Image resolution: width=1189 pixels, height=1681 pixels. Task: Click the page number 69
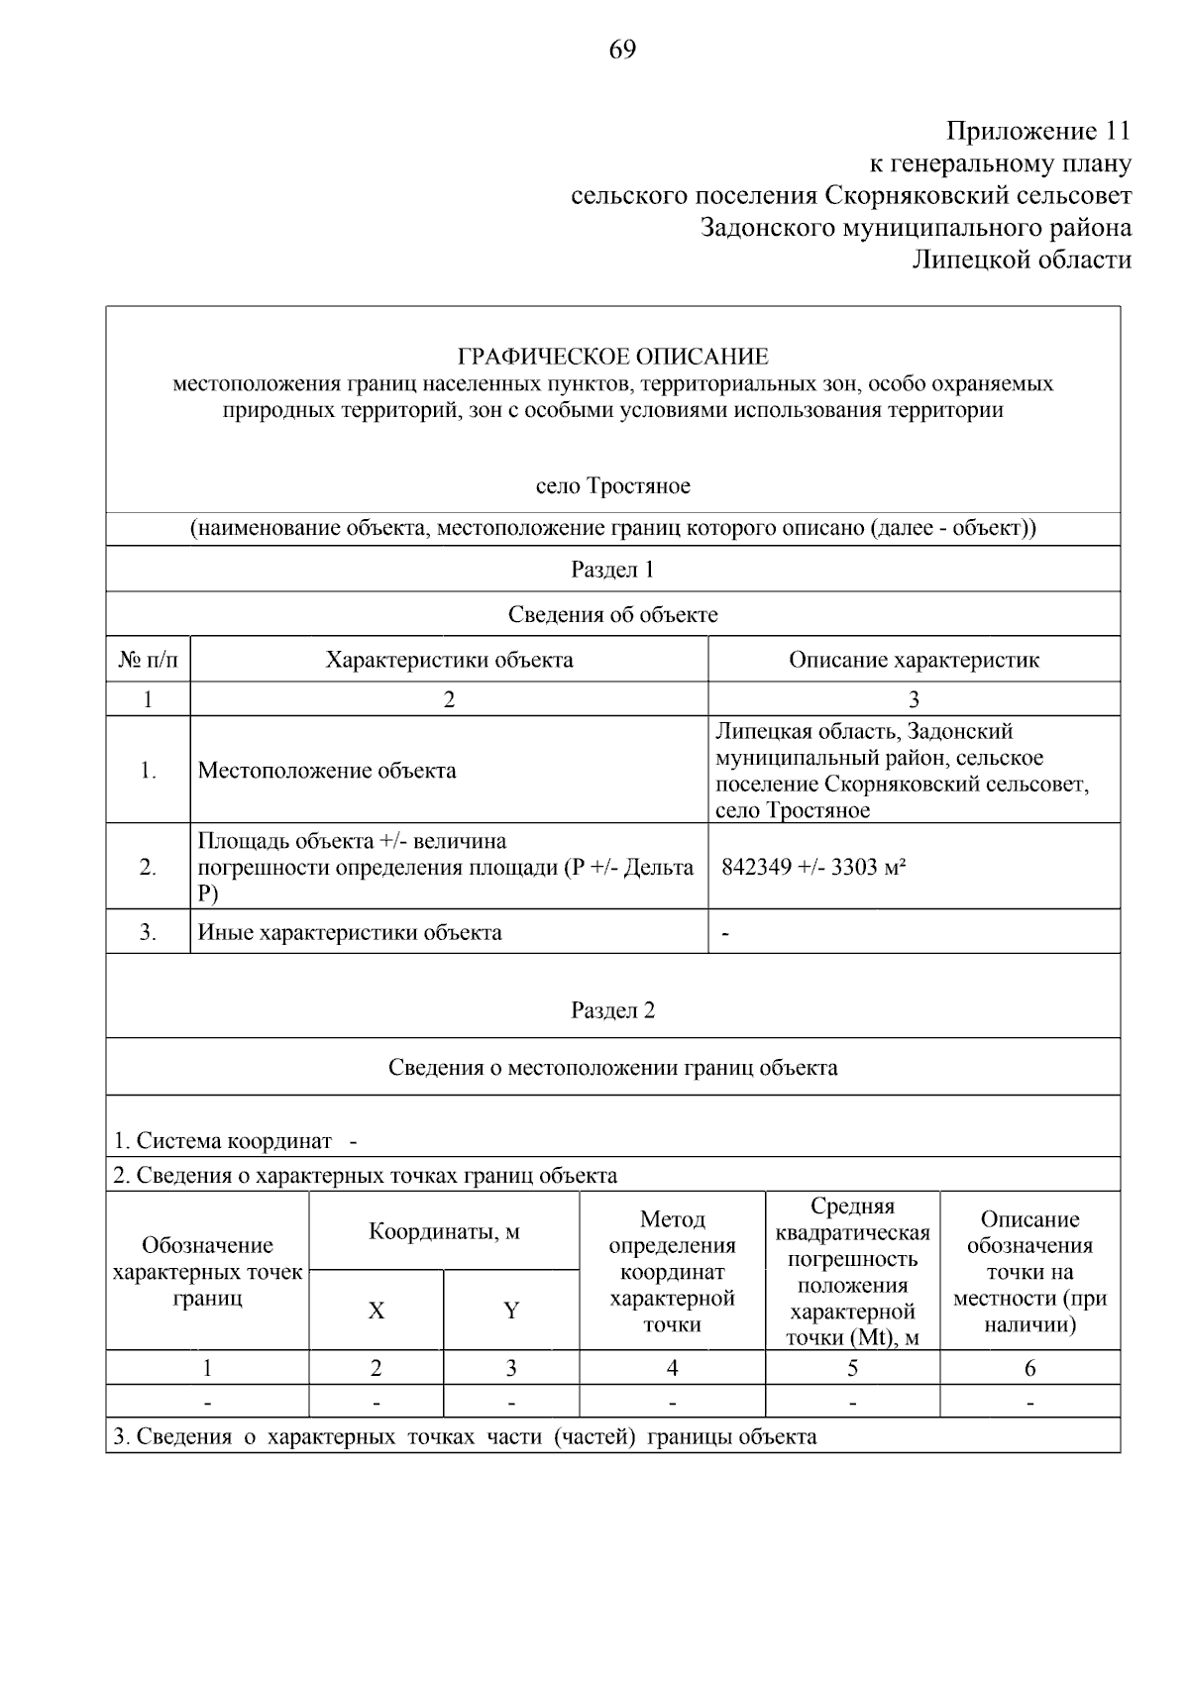pyautogui.click(x=622, y=50)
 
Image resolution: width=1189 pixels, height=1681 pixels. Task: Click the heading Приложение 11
pyautogui.click(x=1037, y=131)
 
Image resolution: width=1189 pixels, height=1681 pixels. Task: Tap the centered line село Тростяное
pyautogui.click(x=612, y=486)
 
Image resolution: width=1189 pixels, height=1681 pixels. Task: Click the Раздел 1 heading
pyautogui.click(x=612, y=570)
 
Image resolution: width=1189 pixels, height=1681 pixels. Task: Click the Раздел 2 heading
pyautogui.click(x=612, y=1010)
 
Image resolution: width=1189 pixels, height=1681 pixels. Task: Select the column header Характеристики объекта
pyautogui.click(x=449, y=660)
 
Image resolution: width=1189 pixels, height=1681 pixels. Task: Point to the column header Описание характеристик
pyautogui.click(x=914, y=660)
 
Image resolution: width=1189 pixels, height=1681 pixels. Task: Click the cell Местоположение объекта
pyautogui.click(x=327, y=771)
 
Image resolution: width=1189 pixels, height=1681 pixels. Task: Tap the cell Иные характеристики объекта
pyautogui.click(x=350, y=932)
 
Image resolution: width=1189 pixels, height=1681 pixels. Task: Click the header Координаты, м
pyautogui.click(x=444, y=1231)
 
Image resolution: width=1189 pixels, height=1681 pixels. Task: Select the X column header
pyautogui.click(x=376, y=1311)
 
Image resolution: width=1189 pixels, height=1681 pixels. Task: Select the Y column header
pyautogui.click(x=511, y=1311)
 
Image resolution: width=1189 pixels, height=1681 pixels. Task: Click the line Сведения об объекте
pyautogui.click(x=612, y=614)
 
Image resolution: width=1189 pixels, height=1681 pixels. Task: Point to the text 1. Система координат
pyautogui.click(x=222, y=1140)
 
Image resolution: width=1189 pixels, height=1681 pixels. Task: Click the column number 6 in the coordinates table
pyautogui.click(x=1029, y=1368)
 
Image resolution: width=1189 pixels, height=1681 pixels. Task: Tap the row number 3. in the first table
pyautogui.click(x=148, y=932)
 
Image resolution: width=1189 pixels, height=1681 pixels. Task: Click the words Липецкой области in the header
pyautogui.click(x=1022, y=261)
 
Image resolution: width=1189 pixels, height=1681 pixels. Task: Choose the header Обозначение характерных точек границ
pyautogui.click(x=207, y=1272)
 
